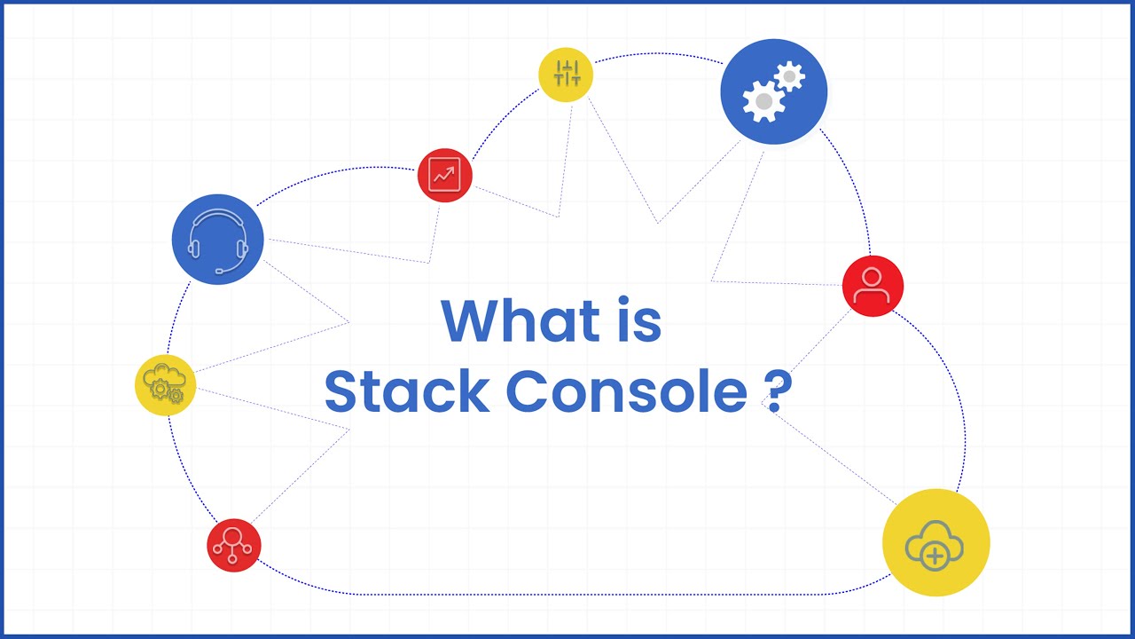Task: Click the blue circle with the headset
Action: (217, 240)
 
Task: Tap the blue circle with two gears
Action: (773, 92)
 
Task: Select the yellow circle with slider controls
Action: (566, 75)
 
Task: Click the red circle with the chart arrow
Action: (444, 175)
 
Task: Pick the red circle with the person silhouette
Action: (873, 286)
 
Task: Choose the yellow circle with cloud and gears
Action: (165, 384)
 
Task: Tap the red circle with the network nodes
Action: (234, 545)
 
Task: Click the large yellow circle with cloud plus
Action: (935, 541)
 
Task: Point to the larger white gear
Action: (763, 101)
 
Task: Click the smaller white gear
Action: (788, 76)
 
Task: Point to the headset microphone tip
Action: (219, 271)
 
